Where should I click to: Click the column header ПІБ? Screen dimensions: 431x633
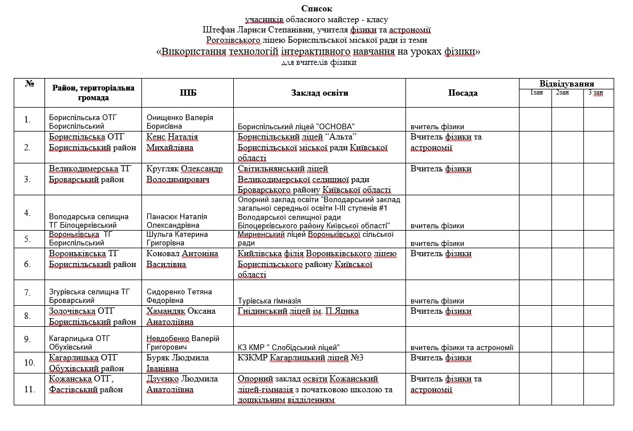click(x=188, y=93)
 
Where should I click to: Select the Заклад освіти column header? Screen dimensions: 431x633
click(x=319, y=93)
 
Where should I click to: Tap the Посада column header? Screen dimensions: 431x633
click(x=462, y=93)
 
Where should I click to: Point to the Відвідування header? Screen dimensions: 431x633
click(x=566, y=83)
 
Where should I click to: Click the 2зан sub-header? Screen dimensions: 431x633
click(x=562, y=92)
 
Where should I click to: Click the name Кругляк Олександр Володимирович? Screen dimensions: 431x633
click(x=185, y=174)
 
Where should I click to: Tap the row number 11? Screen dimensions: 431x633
click(x=27, y=389)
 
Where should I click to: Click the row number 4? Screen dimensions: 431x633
click(x=27, y=213)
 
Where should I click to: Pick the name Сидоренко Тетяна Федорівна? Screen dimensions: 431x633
click(x=179, y=296)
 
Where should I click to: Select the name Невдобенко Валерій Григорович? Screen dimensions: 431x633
click(x=183, y=343)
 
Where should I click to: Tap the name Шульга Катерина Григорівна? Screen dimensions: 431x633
click(x=177, y=239)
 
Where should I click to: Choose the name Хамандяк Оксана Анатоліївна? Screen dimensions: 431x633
click(x=181, y=316)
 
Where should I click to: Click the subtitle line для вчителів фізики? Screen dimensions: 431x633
click(x=319, y=63)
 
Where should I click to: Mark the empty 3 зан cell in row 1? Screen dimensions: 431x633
click(x=598, y=120)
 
